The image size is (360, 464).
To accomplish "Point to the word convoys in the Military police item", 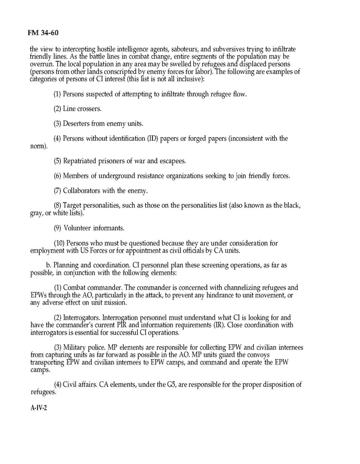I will click(x=265, y=362).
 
